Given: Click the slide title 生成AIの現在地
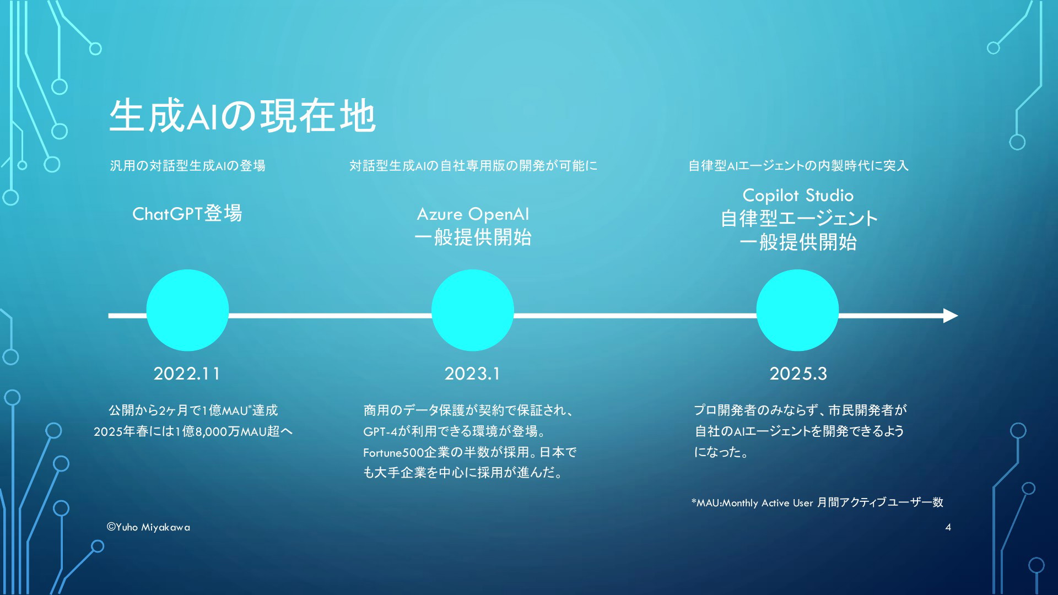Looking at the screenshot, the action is point(242,116).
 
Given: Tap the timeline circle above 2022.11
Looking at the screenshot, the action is point(187,310).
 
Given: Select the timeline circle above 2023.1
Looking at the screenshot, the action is point(473,310).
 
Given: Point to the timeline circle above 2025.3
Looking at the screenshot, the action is point(797,310).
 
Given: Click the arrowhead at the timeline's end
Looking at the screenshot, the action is point(951,316).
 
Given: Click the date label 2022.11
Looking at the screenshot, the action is point(187,374).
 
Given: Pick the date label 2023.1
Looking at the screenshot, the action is point(472,374).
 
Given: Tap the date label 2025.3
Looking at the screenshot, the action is point(798,374).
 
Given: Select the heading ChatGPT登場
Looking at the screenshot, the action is point(187,213).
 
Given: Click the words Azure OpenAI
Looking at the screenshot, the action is point(473,214).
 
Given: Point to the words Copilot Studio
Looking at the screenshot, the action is point(798,195).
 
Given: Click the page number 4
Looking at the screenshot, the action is point(948,527).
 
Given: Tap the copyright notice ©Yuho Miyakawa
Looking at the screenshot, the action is point(148,527).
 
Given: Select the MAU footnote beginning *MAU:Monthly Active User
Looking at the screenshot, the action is point(817,502).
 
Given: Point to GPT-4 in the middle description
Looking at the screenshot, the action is point(380,431).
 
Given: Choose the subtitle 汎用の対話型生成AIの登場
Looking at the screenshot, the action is point(187,165).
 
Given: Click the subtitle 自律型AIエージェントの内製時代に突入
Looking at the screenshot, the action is point(798,165).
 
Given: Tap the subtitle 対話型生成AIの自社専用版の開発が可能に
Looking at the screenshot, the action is point(473,165).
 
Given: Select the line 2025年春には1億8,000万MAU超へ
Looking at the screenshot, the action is point(193,431).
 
